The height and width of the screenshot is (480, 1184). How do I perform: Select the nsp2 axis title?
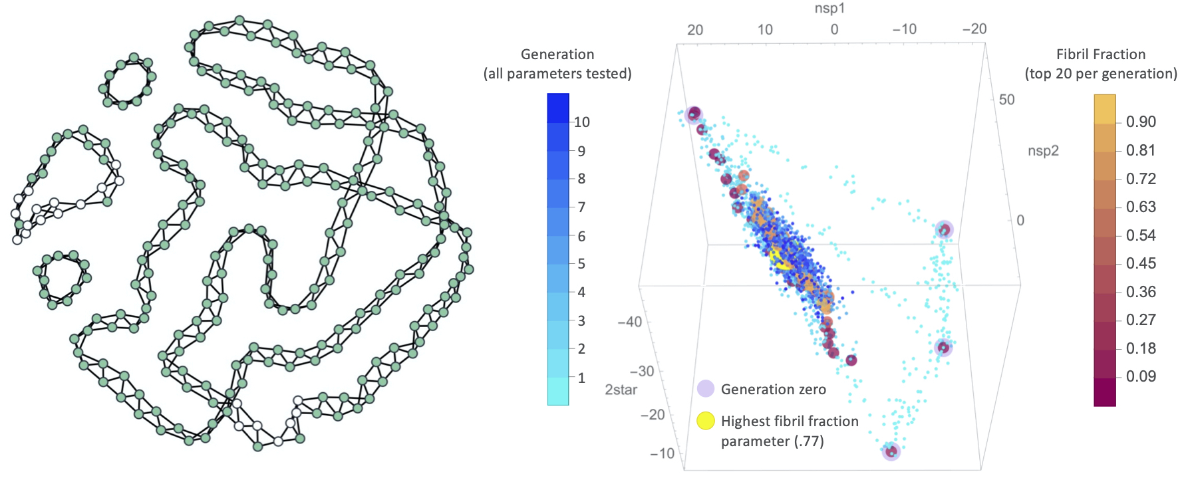[1042, 151]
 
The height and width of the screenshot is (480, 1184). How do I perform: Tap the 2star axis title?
[621, 390]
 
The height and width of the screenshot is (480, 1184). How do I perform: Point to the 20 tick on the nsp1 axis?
[695, 30]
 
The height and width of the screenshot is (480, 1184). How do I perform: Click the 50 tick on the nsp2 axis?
[1006, 100]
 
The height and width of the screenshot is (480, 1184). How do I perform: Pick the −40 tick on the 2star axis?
[629, 322]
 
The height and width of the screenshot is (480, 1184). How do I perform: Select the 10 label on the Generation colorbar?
[581, 122]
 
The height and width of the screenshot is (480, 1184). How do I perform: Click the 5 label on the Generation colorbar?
[581, 264]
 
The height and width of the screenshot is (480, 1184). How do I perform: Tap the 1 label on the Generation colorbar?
[581, 378]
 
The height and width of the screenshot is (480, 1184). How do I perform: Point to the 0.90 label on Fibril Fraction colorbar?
[1140, 122]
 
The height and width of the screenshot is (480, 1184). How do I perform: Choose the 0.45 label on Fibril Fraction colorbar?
[1140, 264]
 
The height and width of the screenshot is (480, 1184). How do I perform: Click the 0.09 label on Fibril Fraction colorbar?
[1140, 377]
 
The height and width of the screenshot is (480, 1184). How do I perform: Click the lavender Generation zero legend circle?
[705, 389]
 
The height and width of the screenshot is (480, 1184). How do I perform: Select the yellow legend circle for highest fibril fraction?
[705, 421]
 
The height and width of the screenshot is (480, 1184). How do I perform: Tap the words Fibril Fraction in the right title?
[1100, 55]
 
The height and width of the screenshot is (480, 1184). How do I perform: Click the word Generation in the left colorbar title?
[557, 55]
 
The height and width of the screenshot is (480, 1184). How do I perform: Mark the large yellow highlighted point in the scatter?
[780, 258]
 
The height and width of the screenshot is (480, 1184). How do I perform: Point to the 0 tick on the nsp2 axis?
[1020, 221]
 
